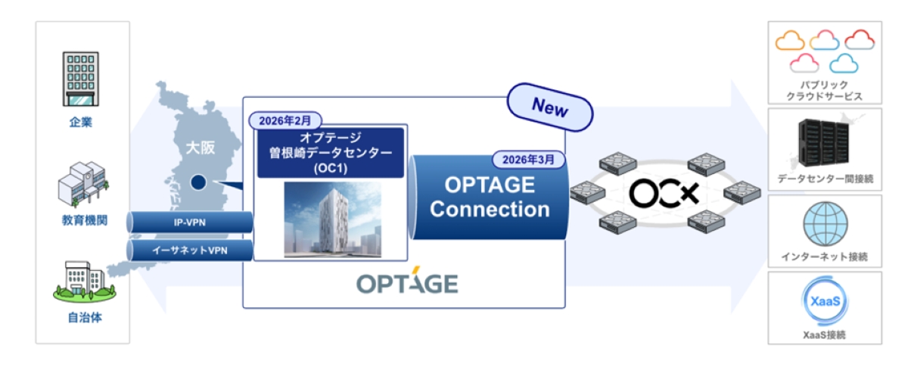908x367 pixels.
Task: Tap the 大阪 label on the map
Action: [x=201, y=147]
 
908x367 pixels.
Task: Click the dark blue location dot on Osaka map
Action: [x=197, y=182]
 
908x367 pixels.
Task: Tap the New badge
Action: [x=550, y=107]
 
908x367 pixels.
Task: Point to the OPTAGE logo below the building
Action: [x=406, y=284]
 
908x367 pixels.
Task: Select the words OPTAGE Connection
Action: [x=489, y=197]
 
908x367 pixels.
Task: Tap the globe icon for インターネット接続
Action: [x=825, y=224]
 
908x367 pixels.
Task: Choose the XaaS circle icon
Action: [x=825, y=301]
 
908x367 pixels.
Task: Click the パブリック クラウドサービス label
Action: [x=825, y=91]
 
